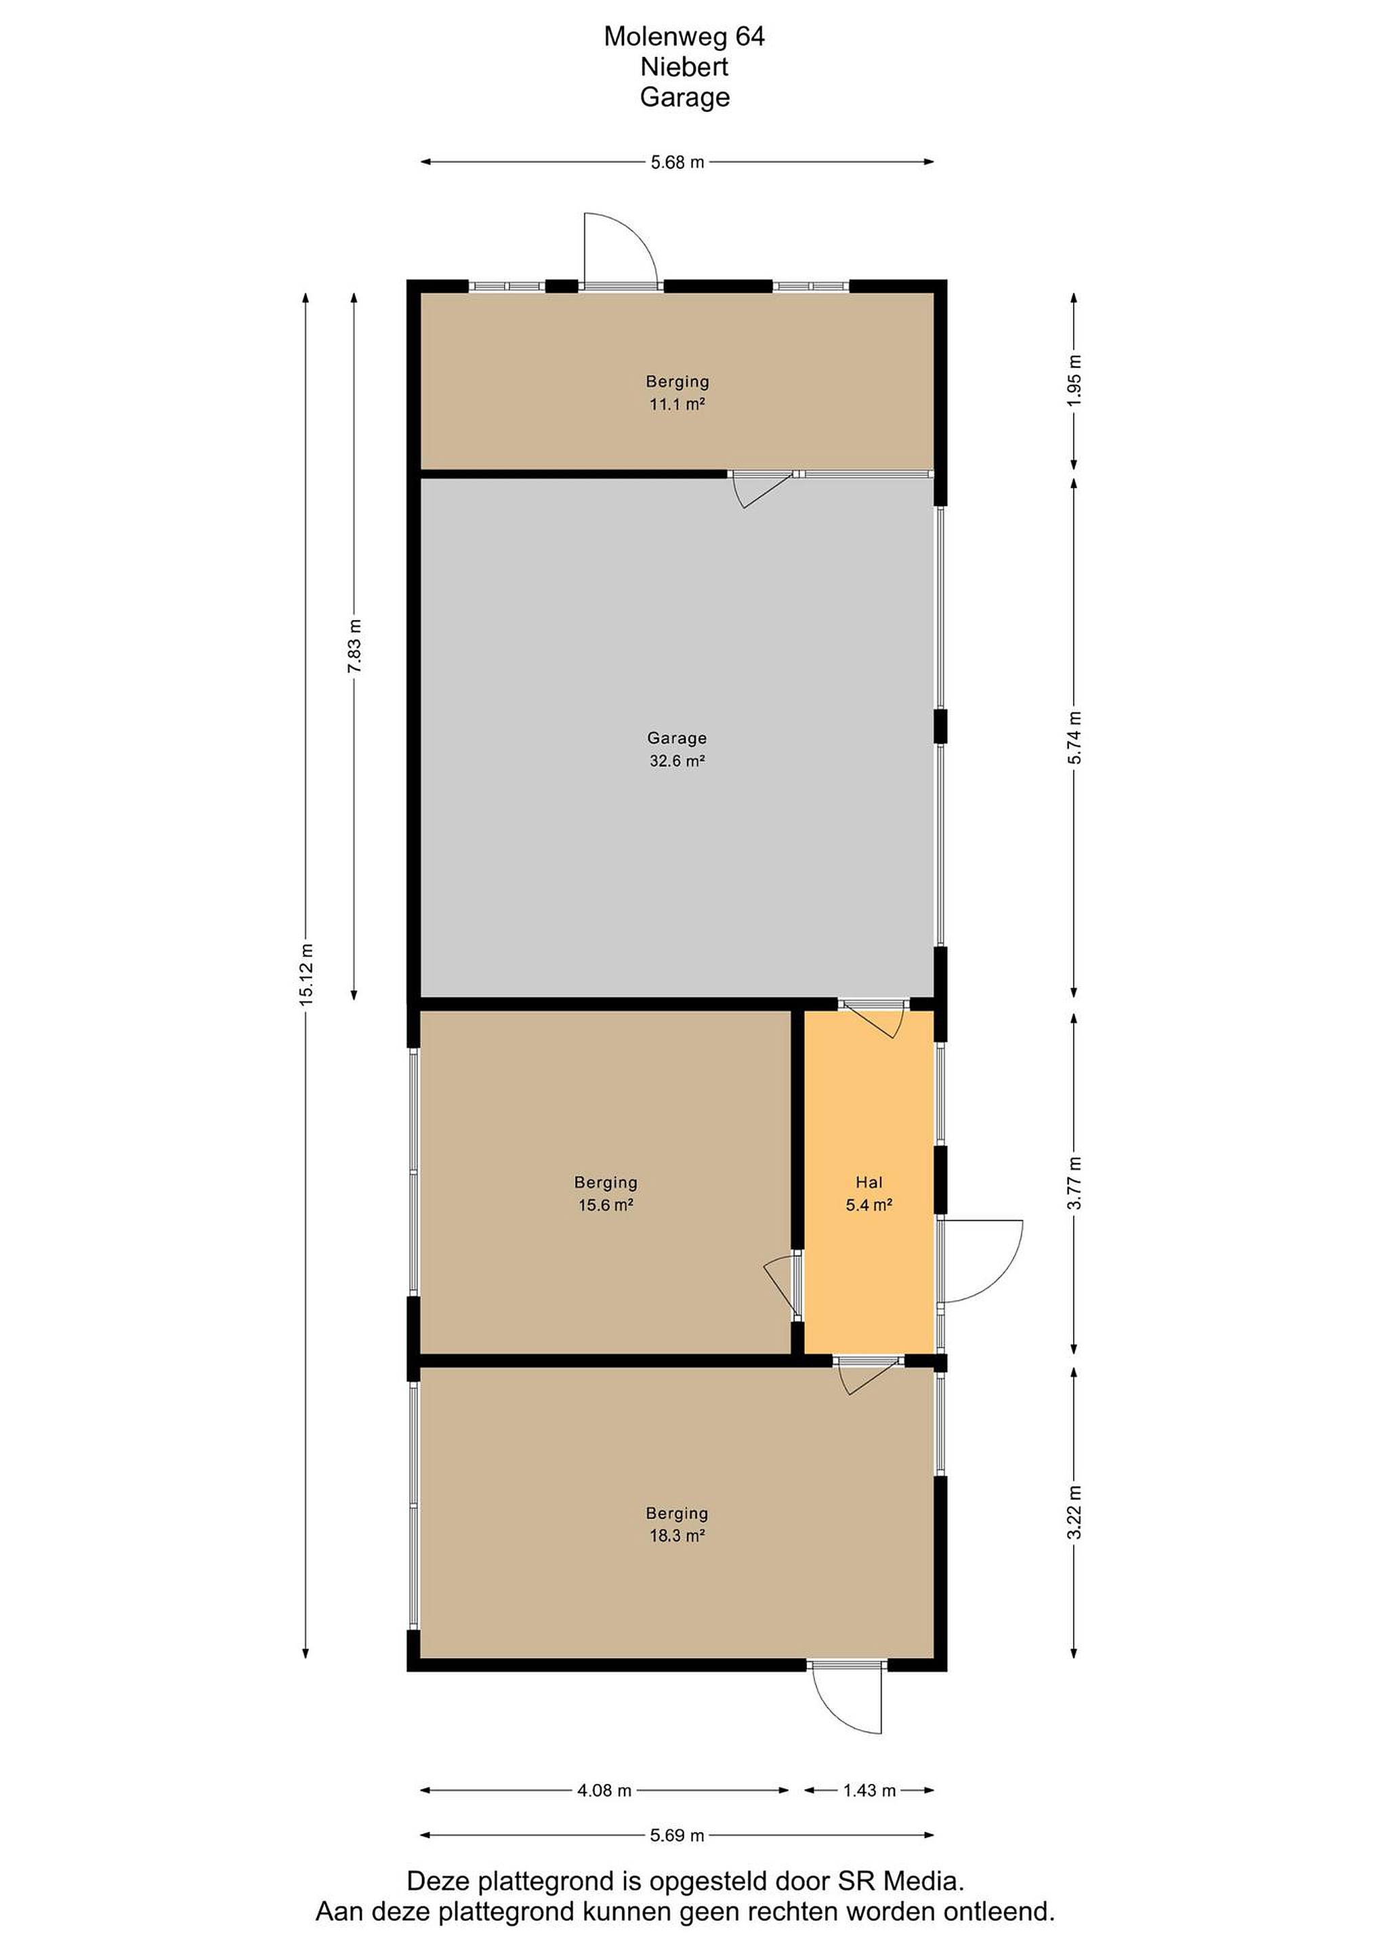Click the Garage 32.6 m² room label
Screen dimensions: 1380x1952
tap(677, 749)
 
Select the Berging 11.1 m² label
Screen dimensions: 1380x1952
tap(677, 393)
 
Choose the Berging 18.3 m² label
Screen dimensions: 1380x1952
tap(677, 1524)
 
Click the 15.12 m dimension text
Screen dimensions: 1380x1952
tap(307, 974)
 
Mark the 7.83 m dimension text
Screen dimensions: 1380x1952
tap(355, 646)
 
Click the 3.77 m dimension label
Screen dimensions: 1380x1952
tap(1075, 1183)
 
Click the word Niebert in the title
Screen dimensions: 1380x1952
tap(684, 66)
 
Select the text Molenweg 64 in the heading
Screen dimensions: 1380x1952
tap(684, 36)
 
